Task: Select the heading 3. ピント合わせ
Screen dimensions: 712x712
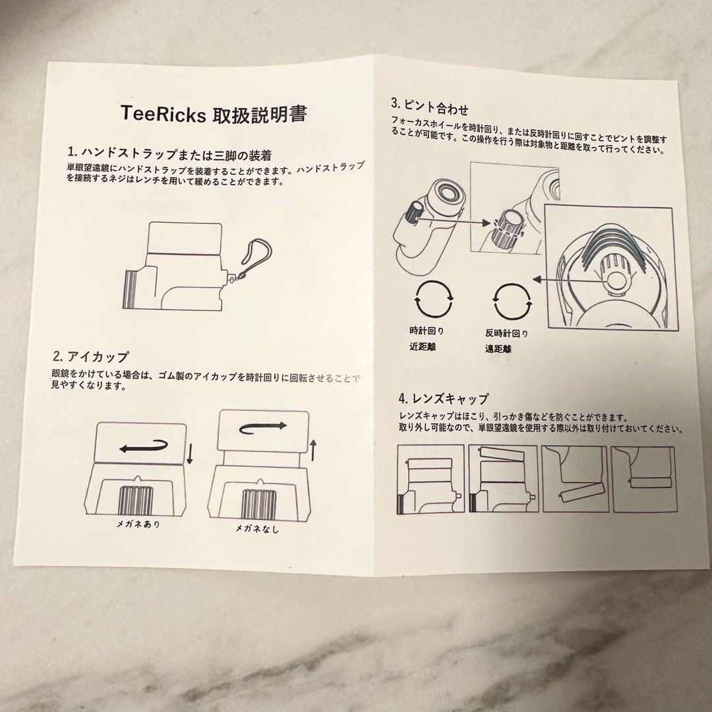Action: coord(429,105)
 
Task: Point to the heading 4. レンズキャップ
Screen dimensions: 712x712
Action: coord(443,398)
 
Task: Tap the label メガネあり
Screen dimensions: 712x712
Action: coord(137,525)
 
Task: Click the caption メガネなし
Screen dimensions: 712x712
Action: coord(257,529)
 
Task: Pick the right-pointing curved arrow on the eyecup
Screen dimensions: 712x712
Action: coord(263,427)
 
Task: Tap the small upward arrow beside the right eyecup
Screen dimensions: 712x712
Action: coord(313,450)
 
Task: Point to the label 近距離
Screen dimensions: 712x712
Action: coord(426,346)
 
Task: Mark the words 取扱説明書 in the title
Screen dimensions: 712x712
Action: coord(259,113)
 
